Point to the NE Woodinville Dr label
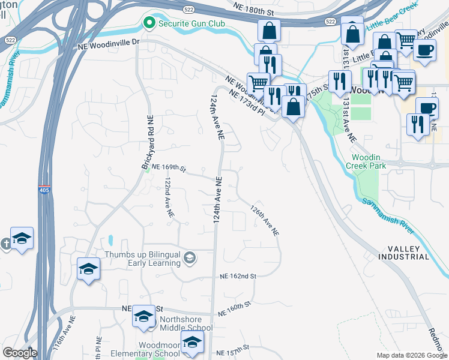(108, 44)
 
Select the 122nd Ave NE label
(170, 197)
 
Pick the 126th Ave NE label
(265, 220)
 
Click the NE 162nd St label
(238, 276)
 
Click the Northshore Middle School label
(185, 328)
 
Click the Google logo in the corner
(19, 353)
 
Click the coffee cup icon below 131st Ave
(427, 109)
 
